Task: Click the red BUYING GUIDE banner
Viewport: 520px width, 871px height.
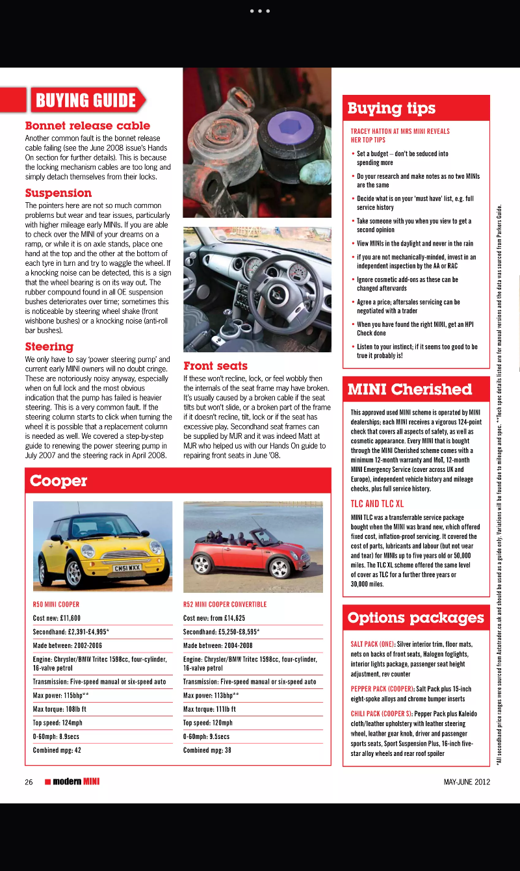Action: point(85,100)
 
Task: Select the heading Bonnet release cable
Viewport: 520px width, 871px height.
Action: point(87,125)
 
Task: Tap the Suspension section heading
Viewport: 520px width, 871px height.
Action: point(58,192)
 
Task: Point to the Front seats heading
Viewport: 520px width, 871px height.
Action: point(215,365)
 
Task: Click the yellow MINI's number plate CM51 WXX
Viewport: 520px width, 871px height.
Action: point(127,568)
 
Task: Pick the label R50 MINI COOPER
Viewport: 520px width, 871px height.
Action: point(56,604)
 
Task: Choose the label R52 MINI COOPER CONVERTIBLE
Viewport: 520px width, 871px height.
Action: point(225,604)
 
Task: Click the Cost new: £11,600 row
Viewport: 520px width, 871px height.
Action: point(57,617)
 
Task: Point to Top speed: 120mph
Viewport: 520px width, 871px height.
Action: point(207,722)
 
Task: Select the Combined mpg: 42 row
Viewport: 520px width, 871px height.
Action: point(57,749)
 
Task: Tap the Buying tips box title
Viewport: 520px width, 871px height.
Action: point(391,108)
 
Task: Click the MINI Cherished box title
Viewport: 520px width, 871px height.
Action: point(409,389)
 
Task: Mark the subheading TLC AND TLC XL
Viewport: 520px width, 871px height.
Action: point(377,503)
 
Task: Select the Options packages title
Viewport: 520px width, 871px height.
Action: point(415,617)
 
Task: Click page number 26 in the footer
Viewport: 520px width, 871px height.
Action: point(29,782)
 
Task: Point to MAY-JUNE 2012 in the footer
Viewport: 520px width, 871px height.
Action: point(467,782)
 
